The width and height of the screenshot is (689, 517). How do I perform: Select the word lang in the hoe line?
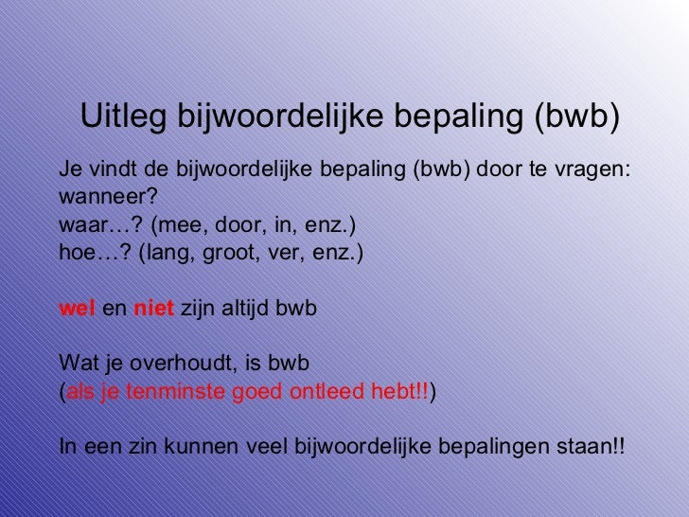[165, 254]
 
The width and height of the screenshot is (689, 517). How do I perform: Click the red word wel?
[76, 309]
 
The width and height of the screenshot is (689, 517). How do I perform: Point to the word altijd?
[244, 309]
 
